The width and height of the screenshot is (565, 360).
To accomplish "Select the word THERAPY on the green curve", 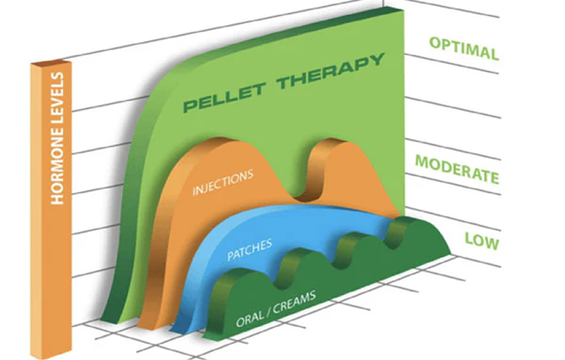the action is pyautogui.click(x=331, y=71).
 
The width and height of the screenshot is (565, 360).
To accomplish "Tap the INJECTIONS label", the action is pyautogui.click(x=223, y=182).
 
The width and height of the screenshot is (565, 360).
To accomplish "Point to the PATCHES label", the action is pyautogui.click(x=249, y=250).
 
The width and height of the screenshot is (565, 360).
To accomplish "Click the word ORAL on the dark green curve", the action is pyautogui.click(x=249, y=319).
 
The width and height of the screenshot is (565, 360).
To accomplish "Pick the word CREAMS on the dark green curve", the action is pyautogui.click(x=294, y=302).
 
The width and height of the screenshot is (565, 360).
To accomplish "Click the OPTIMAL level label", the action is pyautogui.click(x=464, y=48).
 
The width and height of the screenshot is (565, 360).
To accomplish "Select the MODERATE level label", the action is pyautogui.click(x=458, y=170).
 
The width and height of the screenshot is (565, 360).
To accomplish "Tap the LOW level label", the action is pyautogui.click(x=482, y=241).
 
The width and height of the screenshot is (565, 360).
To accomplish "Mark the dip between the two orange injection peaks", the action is pyautogui.click(x=303, y=197).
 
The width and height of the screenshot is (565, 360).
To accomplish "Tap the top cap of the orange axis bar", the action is pyautogui.click(x=50, y=63).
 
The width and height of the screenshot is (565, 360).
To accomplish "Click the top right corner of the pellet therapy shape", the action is pyautogui.click(x=404, y=10).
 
